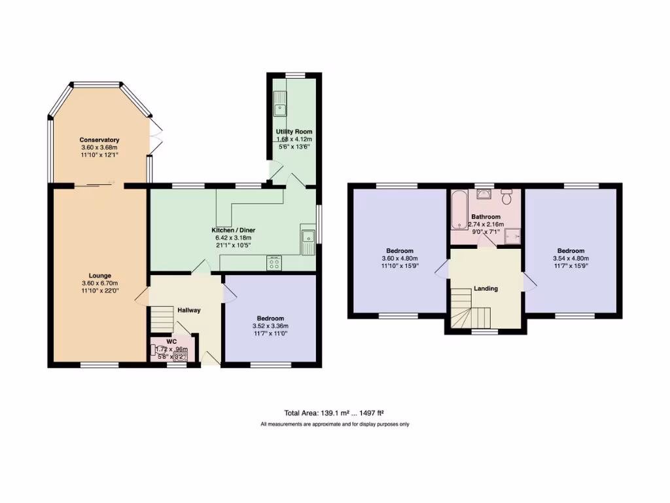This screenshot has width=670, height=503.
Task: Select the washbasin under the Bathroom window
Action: [x=484, y=195]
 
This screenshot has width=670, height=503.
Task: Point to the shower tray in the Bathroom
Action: [x=512, y=234]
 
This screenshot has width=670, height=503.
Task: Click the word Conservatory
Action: [x=99, y=140]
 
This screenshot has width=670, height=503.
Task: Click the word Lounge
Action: [x=100, y=275]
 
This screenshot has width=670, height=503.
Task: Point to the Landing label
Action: [x=485, y=288]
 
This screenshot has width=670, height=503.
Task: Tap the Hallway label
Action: [x=188, y=310]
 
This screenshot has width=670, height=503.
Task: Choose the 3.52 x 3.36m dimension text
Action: [x=270, y=326]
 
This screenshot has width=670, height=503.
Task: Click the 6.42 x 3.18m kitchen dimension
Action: [x=233, y=238]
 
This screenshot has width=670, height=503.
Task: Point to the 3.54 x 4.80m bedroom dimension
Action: [x=571, y=258]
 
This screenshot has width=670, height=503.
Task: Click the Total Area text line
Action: [x=334, y=413]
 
